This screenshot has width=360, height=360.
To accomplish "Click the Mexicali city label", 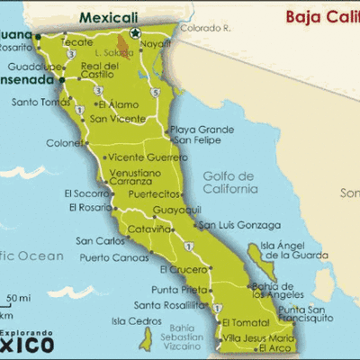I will (109, 16).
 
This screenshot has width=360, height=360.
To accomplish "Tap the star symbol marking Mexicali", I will (135, 32).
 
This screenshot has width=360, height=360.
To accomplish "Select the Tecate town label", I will (76, 41).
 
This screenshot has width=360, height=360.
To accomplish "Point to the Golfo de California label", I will (229, 182).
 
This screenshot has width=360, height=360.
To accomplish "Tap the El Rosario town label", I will (87, 207).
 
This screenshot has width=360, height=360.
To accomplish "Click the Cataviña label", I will (148, 229).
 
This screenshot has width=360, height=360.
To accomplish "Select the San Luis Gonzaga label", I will (238, 224).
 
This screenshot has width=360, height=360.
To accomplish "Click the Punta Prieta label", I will (178, 289).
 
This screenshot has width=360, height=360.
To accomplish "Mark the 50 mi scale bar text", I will (19, 297).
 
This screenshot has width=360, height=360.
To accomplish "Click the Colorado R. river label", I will (206, 28).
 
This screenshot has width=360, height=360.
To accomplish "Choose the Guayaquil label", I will (176, 209).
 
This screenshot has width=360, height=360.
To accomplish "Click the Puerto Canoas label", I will (113, 257).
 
